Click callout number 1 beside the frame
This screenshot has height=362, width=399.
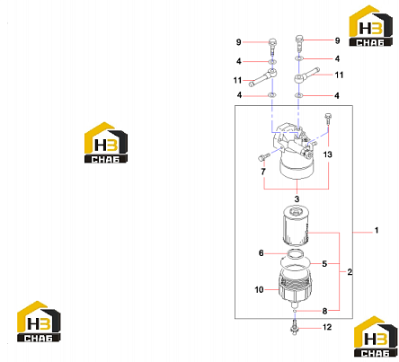[377, 231]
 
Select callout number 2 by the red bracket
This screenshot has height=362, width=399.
[350, 272]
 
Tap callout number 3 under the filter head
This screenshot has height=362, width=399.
[297, 199]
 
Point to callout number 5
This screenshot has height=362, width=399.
[324, 264]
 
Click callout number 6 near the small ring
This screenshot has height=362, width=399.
[262, 253]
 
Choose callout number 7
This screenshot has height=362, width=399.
[263, 172]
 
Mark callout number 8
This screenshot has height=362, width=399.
[324, 311]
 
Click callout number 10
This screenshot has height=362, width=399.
[259, 289]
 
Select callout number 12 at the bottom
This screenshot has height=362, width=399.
[327, 327]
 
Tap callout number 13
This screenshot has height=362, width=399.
[328, 155]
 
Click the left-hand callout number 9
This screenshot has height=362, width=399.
[238, 42]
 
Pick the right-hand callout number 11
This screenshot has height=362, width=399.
[339, 75]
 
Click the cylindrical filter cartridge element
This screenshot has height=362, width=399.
[296, 227]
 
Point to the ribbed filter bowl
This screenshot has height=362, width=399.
[296, 287]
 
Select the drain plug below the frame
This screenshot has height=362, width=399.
[295, 328]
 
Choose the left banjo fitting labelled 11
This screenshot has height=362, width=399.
[262, 77]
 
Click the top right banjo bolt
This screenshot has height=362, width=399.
[299, 43]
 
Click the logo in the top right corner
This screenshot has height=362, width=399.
[371, 26]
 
